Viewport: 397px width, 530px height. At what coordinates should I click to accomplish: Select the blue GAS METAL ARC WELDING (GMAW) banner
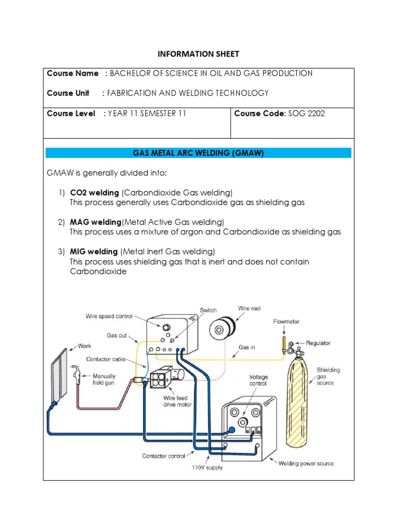[198, 153]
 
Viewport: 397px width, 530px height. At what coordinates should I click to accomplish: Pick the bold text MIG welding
[94, 252]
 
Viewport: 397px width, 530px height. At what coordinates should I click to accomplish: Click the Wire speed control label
[109, 316]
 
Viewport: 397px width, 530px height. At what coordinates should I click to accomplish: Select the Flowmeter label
[286, 321]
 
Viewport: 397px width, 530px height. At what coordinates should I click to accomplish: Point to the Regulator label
[318, 343]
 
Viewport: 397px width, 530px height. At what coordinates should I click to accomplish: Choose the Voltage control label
[258, 380]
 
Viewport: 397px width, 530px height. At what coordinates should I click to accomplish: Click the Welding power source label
[306, 463]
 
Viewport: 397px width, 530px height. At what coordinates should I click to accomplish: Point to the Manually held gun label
[104, 379]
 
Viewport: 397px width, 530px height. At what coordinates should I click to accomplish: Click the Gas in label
[247, 347]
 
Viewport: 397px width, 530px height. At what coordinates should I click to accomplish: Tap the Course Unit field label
[68, 93]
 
